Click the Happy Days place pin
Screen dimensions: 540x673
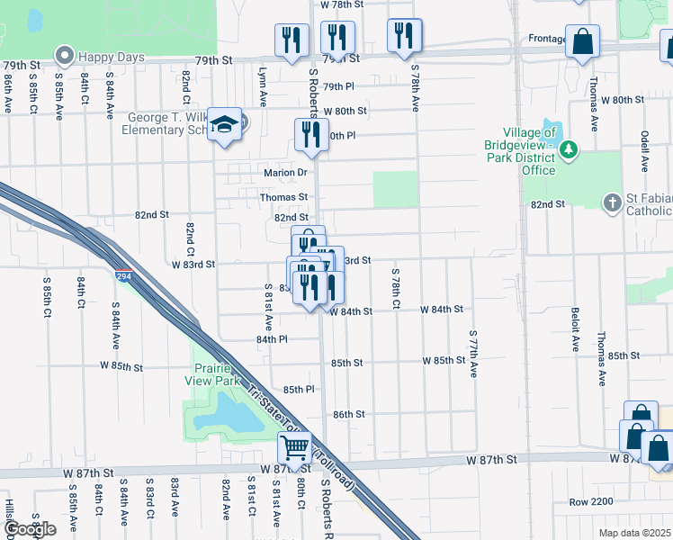[x=64, y=57]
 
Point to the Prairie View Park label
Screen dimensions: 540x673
[x=217, y=374]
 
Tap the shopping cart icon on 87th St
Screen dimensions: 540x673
[x=294, y=446]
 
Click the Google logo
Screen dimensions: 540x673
[x=31, y=529]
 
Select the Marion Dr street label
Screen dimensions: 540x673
[x=285, y=173]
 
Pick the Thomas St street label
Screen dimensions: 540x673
[x=283, y=196]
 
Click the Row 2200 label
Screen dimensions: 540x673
[x=590, y=501]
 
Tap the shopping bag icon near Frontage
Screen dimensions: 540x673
[x=583, y=40]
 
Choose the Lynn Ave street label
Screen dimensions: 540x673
[x=264, y=86]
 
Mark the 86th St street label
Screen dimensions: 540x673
[x=347, y=415]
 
